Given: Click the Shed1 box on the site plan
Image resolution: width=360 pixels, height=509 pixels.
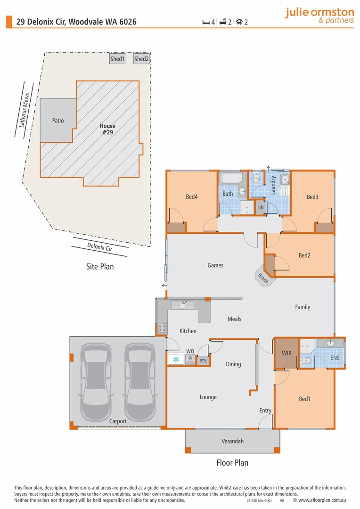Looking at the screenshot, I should [x=117, y=59].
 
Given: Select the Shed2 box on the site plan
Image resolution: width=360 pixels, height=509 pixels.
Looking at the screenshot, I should [x=141, y=59].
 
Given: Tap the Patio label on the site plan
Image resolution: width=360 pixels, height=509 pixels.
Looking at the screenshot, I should [x=58, y=121].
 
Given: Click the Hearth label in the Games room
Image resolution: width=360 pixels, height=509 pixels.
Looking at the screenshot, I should [x=263, y=279].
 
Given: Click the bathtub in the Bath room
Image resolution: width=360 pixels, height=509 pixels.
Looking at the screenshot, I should [x=231, y=179].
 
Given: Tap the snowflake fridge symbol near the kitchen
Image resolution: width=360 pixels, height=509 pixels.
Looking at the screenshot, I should [x=176, y=360].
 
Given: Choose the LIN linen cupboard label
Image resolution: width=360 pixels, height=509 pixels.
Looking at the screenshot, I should [x=261, y=207].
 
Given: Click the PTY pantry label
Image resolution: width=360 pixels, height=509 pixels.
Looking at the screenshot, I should [x=203, y=361].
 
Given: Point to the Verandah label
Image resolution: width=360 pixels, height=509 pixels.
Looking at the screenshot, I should [x=233, y=442].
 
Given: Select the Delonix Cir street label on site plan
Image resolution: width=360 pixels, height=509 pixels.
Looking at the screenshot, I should [x=100, y=246].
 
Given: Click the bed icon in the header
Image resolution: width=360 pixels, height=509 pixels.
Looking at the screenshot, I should [x=206, y=22].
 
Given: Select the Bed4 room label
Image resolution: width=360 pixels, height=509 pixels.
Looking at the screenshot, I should [x=191, y=197].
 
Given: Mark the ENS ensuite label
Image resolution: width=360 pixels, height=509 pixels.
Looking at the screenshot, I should [x=335, y=359].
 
